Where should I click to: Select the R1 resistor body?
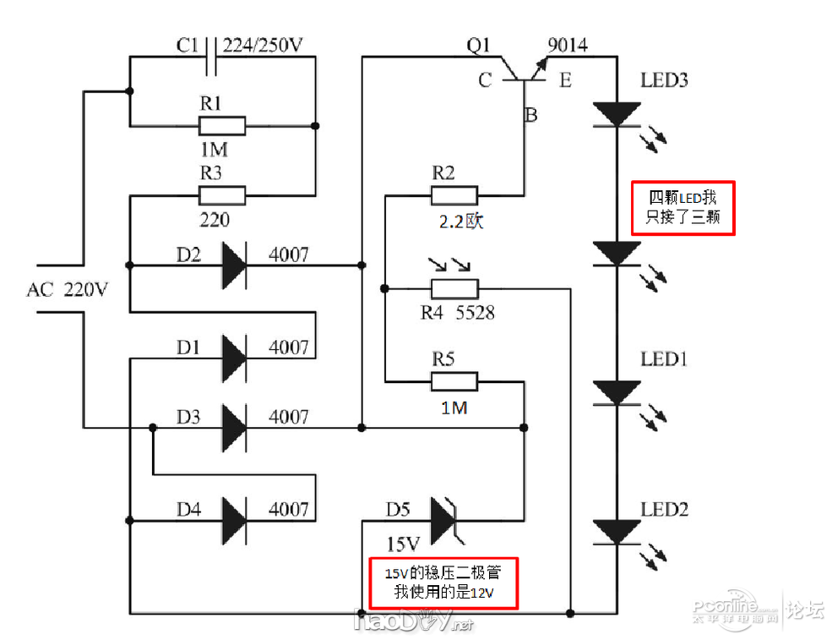222,127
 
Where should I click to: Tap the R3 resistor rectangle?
222,195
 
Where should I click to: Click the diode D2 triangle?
233,265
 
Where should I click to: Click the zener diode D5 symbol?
443,520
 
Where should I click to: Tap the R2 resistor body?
454,195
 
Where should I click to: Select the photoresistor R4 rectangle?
454,288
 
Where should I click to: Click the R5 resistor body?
454,381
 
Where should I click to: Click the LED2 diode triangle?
617,531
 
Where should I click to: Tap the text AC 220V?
68,290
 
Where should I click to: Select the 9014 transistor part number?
568,46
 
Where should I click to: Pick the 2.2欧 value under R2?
461,222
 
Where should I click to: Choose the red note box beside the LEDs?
684,207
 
